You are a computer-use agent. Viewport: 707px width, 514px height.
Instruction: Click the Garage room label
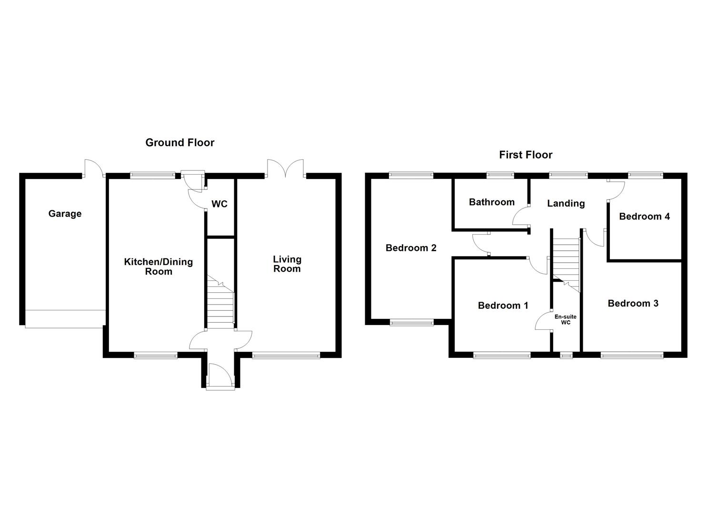click(x=65, y=214)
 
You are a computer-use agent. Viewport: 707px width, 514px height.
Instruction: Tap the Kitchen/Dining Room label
click(x=158, y=267)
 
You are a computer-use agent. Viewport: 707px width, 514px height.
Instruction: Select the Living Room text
click(x=287, y=264)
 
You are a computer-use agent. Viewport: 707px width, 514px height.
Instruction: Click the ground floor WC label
click(x=219, y=204)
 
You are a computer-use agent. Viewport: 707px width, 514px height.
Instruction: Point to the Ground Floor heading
click(x=179, y=142)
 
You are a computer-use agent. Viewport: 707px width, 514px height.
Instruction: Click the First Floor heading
click(x=526, y=155)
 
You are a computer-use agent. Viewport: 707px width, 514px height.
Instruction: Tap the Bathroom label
click(x=491, y=202)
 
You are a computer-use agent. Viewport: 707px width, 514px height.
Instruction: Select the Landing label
click(x=566, y=203)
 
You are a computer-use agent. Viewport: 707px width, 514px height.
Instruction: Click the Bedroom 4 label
click(x=644, y=217)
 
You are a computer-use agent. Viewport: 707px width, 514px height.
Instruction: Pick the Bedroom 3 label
click(x=633, y=303)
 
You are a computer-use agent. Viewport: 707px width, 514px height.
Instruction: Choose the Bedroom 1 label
click(x=503, y=306)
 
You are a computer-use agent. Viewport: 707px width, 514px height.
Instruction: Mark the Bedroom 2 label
click(x=411, y=247)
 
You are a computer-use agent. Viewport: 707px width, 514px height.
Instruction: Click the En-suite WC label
click(x=565, y=319)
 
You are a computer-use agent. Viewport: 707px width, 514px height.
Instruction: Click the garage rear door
click(x=93, y=168)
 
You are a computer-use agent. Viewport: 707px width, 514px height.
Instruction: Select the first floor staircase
click(x=566, y=262)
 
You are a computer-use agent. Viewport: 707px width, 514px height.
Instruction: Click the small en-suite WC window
click(x=566, y=355)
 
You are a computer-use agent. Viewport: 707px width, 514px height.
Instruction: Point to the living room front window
click(x=286, y=355)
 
